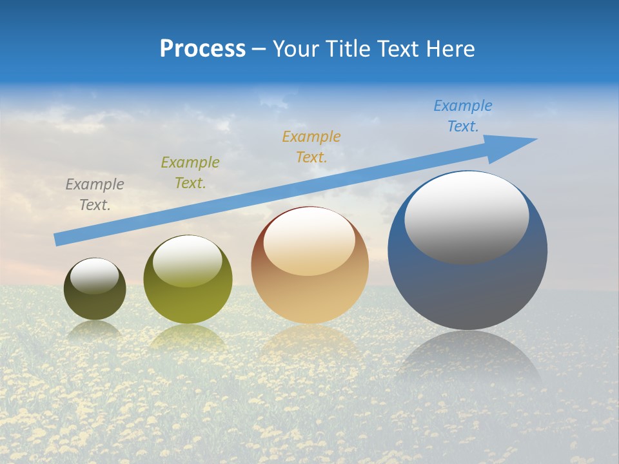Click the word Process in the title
(x=202, y=49)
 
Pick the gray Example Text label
(x=95, y=195)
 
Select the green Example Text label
(x=190, y=173)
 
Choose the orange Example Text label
(x=311, y=147)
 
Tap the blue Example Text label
(x=463, y=116)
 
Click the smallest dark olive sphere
(x=95, y=303)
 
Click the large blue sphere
(x=467, y=290)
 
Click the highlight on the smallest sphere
(x=95, y=276)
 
